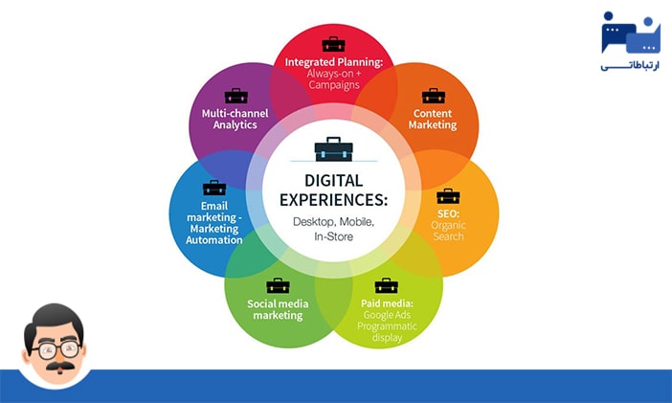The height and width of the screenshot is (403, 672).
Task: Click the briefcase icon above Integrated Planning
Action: (333, 44)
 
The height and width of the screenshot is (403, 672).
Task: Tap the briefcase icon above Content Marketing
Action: (434, 96)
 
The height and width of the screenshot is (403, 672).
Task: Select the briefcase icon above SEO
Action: (448, 196)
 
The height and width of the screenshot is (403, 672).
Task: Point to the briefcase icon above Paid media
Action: (387, 285)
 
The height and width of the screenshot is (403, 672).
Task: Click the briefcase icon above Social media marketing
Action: (278, 285)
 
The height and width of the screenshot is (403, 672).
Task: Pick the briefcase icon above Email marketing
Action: (213, 189)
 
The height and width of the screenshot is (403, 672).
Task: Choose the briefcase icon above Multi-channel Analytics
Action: (236, 96)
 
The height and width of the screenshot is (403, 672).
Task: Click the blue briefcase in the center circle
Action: (333, 149)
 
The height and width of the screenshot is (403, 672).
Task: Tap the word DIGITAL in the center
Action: (333, 180)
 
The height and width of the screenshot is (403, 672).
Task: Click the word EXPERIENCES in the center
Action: (333, 201)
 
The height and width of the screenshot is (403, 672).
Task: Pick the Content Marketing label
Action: (434, 119)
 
